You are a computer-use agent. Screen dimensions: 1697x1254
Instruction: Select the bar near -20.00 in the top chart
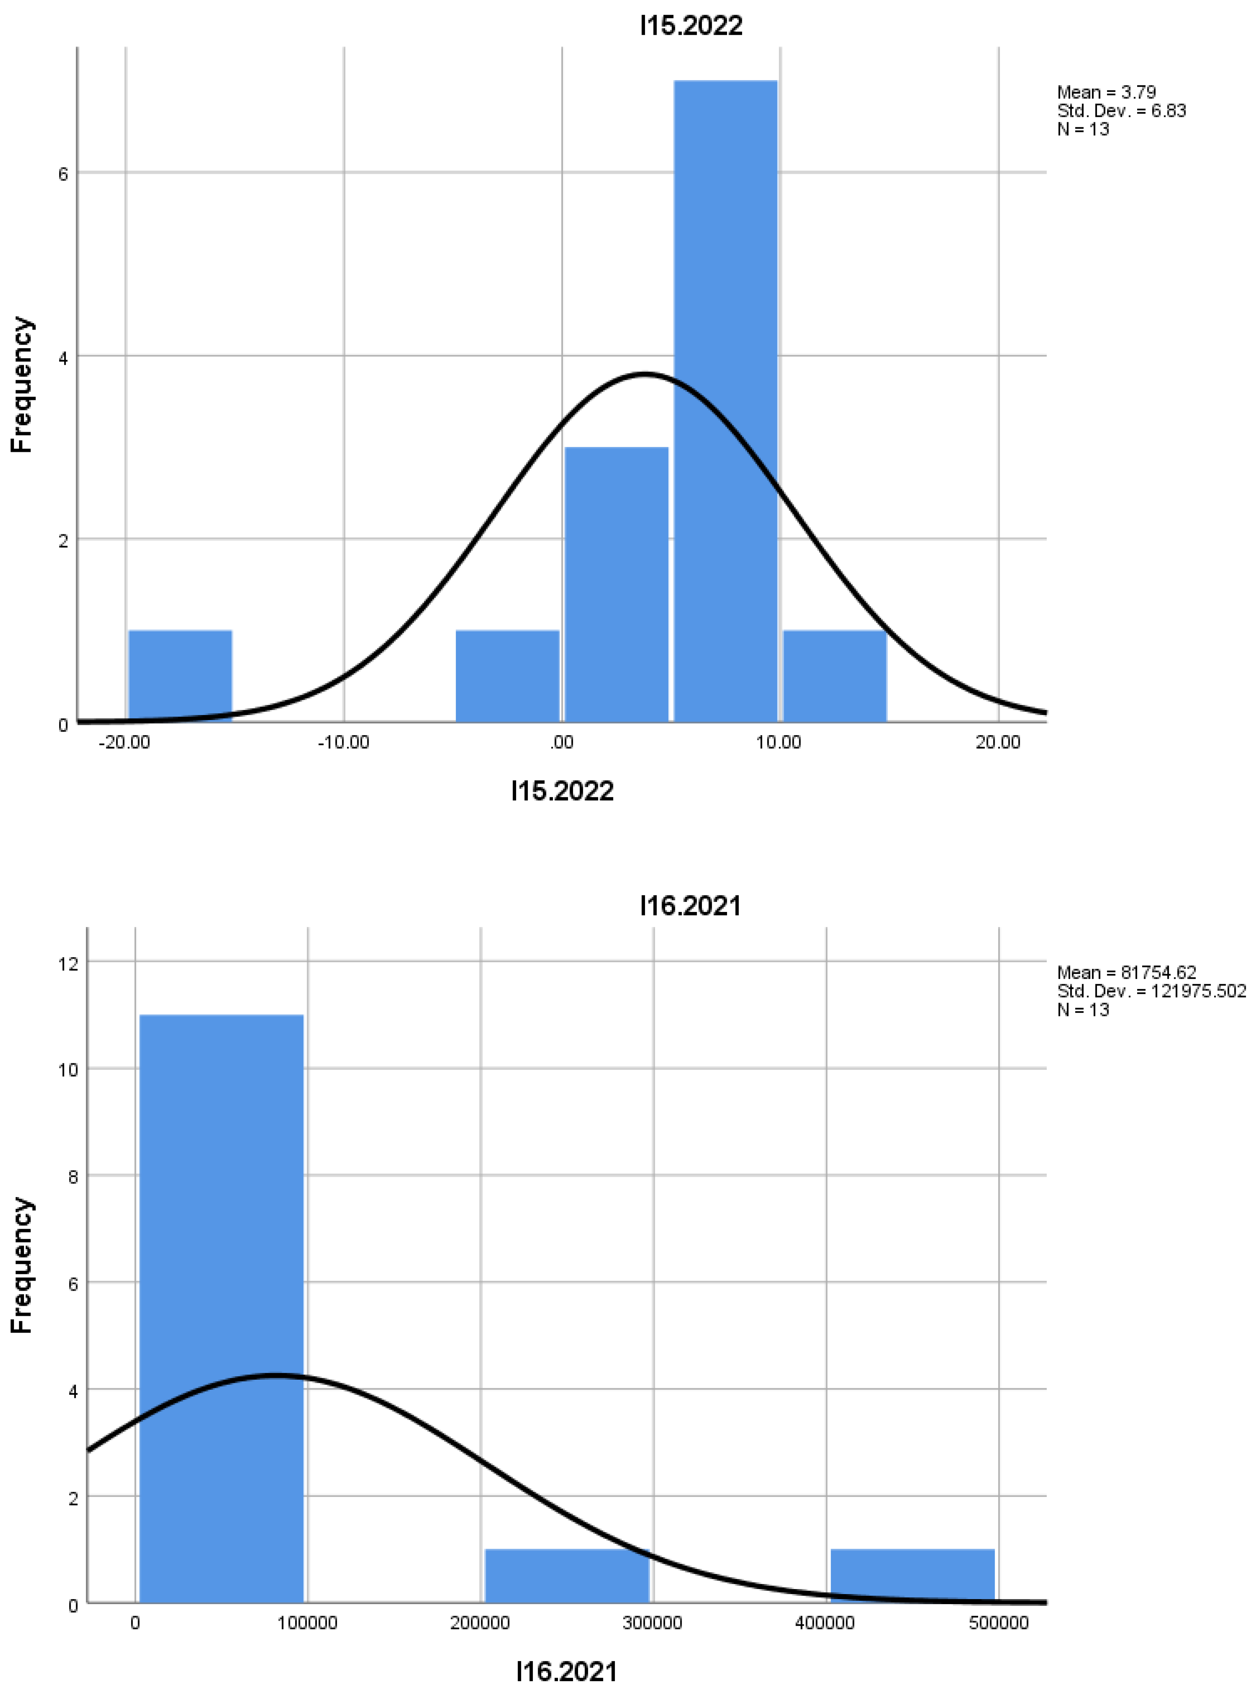point(180,676)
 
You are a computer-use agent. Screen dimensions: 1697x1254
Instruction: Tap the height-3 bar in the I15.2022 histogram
point(616,584)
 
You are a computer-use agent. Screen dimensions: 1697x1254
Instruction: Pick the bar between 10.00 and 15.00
point(834,676)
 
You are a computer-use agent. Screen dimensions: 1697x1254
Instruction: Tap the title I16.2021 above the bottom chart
point(690,905)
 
